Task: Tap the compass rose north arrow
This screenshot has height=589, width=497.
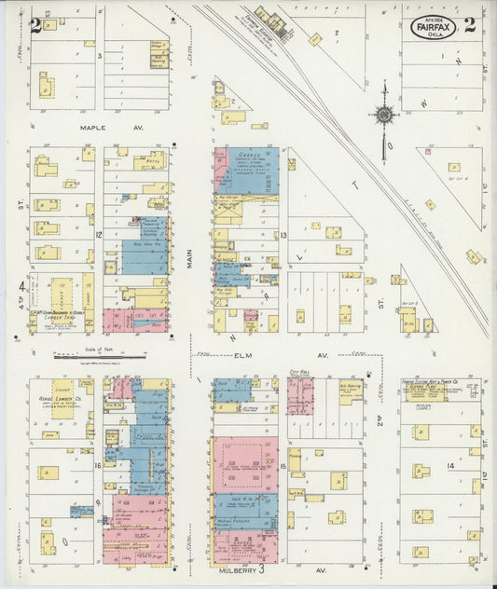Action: pyautogui.click(x=383, y=116)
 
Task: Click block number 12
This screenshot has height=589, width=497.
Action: pyautogui.click(x=98, y=235)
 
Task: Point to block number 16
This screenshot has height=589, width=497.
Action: pyautogui.click(x=98, y=463)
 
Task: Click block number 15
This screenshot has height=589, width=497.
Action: pyautogui.click(x=282, y=464)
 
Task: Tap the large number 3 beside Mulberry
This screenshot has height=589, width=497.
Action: pyautogui.click(x=262, y=567)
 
